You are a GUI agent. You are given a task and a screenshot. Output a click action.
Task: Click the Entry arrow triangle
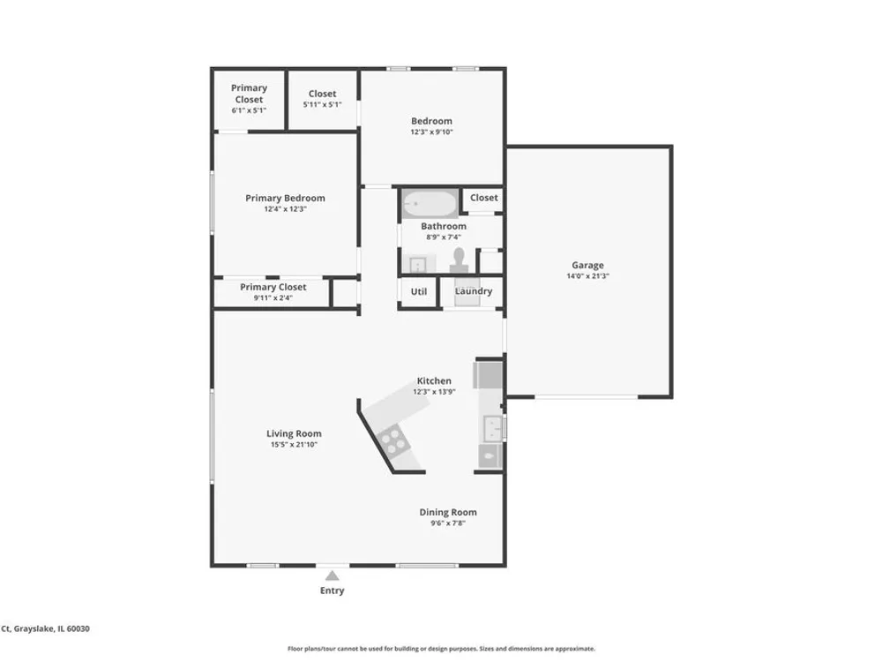[333, 575]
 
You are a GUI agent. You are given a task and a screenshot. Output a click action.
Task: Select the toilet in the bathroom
[459, 260]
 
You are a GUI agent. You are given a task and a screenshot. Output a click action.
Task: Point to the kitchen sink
[493, 428]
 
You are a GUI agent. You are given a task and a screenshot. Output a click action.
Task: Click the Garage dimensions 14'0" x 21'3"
[587, 275]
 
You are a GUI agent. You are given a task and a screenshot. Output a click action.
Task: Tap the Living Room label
[295, 433]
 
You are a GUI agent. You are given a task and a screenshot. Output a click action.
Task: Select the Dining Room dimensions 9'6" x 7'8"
[448, 523]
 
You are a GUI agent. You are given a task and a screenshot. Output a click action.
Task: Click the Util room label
[418, 291]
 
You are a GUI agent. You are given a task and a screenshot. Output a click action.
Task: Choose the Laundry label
[474, 291]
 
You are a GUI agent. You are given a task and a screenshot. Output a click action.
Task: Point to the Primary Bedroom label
[285, 198]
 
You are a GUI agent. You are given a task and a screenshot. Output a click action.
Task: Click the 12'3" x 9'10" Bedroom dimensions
[431, 132]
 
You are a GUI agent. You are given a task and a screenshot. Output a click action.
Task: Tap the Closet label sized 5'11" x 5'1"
[322, 94]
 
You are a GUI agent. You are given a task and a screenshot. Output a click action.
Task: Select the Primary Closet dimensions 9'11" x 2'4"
[273, 297]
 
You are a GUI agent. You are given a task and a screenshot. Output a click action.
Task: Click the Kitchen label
[434, 380]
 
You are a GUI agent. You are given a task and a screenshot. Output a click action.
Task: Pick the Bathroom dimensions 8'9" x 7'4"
[444, 237]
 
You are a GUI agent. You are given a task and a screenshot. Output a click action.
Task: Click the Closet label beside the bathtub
[483, 198]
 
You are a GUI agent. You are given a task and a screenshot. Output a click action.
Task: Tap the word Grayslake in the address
[33, 628]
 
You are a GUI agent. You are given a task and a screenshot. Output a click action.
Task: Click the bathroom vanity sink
[418, 264]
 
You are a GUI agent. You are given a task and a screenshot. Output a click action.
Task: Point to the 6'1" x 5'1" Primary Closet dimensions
[249, 110]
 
